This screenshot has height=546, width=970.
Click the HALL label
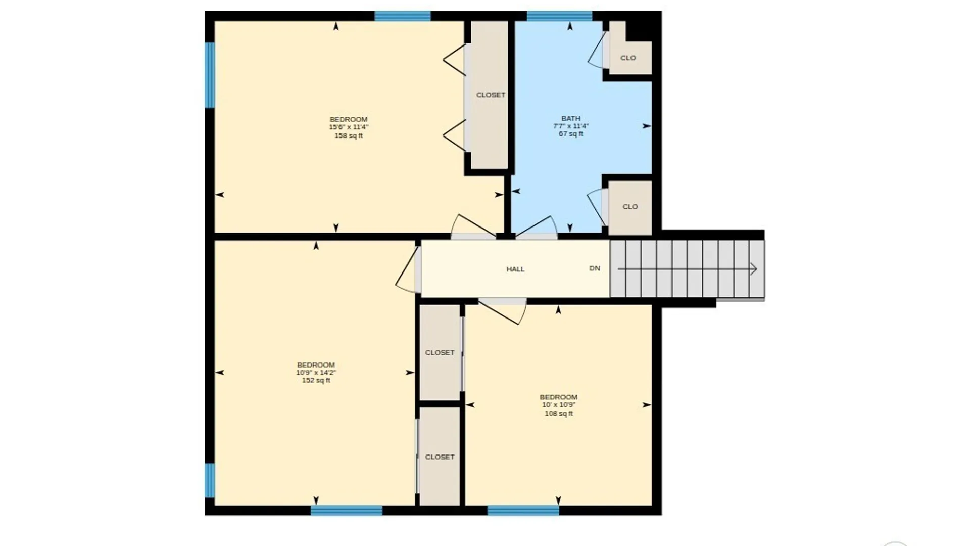click(x=515, y=269)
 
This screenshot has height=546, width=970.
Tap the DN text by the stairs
click(x=595, y=268)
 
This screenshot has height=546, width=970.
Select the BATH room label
click(x=571, y=118)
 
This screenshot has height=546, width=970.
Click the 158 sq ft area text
click(x=349, y=135)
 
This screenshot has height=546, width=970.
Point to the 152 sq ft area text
click(x=316, y=380)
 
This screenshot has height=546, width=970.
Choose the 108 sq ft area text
click(x=559, y=413)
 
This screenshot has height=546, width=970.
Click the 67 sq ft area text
click(x=571, y=134)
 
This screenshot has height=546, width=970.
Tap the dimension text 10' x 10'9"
click(x=559, y=405)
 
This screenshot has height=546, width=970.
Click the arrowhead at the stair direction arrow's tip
click(x=754, y=269)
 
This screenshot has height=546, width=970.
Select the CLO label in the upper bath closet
click(x=628, y=58)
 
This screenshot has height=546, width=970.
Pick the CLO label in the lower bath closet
click(x=630, y=206)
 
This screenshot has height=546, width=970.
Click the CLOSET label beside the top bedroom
click(x=491, y=95)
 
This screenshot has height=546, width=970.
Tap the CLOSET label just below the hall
click(x=440, y=352)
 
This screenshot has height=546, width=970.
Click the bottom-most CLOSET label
click(x=440, y=457)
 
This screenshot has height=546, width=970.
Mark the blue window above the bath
click(x=559, y=16)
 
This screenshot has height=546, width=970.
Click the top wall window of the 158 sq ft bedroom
click(x=402, y=16)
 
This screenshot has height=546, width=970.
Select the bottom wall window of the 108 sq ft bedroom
click(x=523, y=510)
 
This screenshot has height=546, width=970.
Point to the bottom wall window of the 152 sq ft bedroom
click(x=347, y=510)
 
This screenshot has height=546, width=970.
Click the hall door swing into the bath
click(x=537, y=227)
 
